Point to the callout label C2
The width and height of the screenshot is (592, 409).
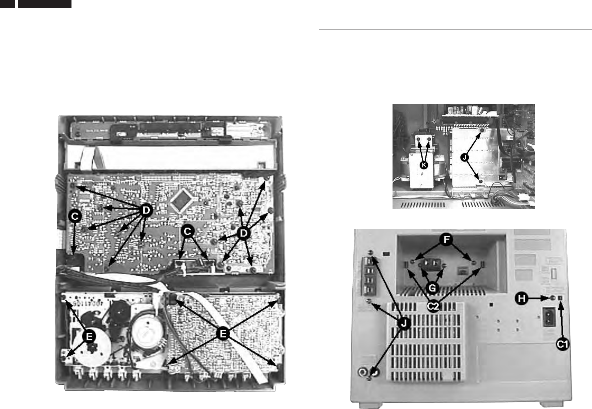click(433, 306)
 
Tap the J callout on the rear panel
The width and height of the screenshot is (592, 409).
click(404, 324)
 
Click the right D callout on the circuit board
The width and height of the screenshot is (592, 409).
click(243, 233)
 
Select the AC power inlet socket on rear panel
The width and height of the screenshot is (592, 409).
click(549, 325)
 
